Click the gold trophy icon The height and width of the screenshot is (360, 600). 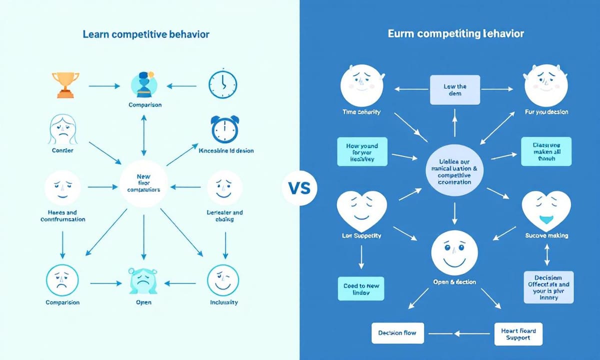pos(65,84)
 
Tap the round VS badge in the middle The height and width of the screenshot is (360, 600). pos(299,189)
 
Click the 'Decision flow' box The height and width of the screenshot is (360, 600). pos(397,332)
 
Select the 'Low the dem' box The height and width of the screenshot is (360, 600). pos(454,90)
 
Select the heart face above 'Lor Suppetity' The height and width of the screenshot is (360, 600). pos(360,210)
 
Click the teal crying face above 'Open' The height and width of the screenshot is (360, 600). pos(143,280)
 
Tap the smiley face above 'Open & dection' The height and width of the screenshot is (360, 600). pos(454,253)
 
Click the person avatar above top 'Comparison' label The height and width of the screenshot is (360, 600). pos(144,83)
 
